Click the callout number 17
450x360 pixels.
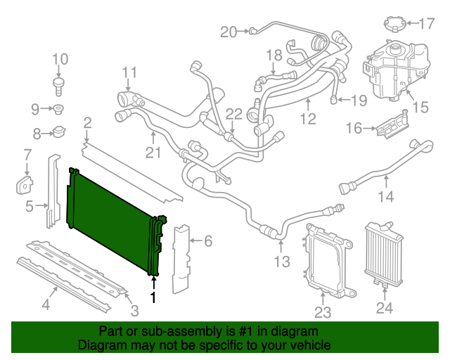click(426, 24)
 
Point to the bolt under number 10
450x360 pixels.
click(59, 85)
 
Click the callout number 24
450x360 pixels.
click(385, 307)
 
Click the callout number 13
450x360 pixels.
click(281, 262)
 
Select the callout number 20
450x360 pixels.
click(229, 31)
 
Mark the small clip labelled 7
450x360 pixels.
click(25, 184)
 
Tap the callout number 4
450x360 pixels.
click(46, 304)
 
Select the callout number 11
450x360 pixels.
click(129, 72)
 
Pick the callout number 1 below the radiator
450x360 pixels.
click(153, 295)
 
